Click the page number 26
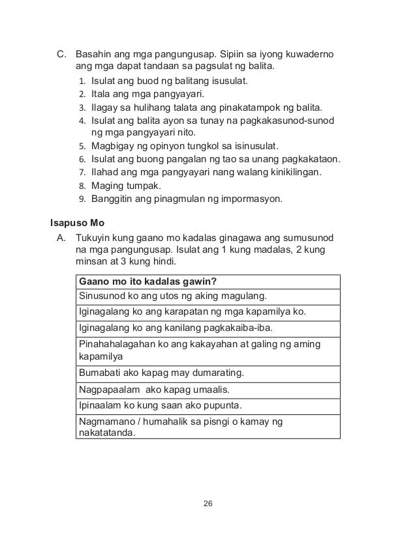click(x=208, y=504)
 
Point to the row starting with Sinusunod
click(x=173, y=296)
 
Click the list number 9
click(x=82, y=199)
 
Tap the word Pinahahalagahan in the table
click(x=117, y=343)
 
